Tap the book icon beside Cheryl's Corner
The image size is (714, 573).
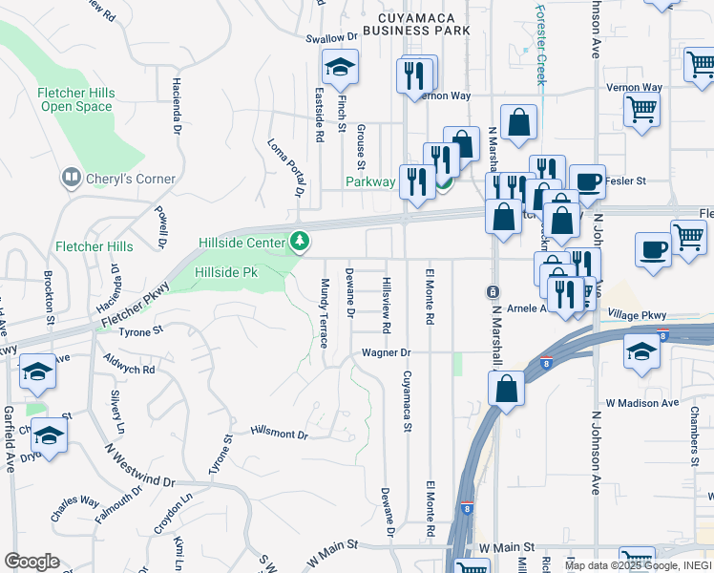click(71, 178)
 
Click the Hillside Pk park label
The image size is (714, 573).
click(226, 272)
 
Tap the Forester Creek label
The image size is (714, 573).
click(540, 44)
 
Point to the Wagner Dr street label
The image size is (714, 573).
click(385, 352)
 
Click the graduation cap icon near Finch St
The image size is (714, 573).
click(338, 70)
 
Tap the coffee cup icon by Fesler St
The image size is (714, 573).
click(587, 180)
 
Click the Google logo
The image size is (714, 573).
click(31, 562)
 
